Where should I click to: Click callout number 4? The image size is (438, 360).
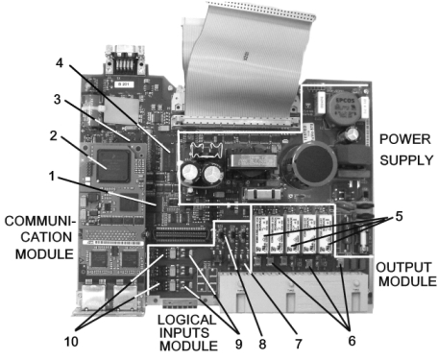pos(60,63)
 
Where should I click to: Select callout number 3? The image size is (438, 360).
pos(58,99)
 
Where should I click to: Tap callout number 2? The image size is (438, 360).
pos(54,135)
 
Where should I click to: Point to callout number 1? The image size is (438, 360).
pos(52,176)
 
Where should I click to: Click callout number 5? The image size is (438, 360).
pos(399,216)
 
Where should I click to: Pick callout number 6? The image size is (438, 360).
pos(352,341)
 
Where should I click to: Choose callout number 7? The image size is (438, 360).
pos(299,344)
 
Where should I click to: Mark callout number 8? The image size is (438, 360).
pos(262,344)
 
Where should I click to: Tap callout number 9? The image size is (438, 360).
pos(239,344)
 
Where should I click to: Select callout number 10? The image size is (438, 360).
pos(71,342)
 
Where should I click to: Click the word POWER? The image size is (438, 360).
pos(405,139)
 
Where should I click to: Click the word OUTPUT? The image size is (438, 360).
pos(403,267)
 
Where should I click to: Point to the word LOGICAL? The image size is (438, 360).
pos(187,320)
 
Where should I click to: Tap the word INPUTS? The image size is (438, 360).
pos(184,333)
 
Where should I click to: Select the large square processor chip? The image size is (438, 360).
pos(113,166)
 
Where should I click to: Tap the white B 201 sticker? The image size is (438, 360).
pos(124,84)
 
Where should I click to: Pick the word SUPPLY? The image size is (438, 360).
pos(406,160)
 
